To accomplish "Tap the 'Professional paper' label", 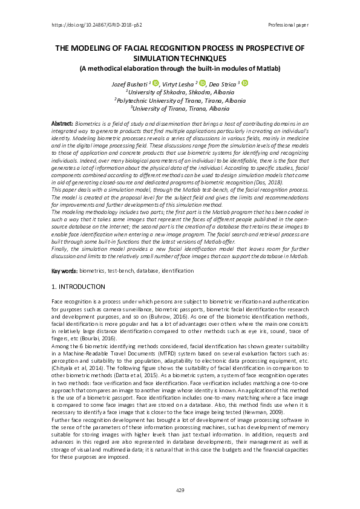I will pos(288,25).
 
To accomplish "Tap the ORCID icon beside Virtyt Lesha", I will pos(203,83).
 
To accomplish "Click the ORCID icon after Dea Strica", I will pos(245,83).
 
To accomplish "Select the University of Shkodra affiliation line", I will pos(180,91).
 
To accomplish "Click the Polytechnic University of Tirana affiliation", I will pos(180,100).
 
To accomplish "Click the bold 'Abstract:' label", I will pos(62,123).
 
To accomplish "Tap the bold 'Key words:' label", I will pos(64,271).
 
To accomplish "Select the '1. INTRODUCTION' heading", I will pos(79,287).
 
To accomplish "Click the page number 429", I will pos(180,490).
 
